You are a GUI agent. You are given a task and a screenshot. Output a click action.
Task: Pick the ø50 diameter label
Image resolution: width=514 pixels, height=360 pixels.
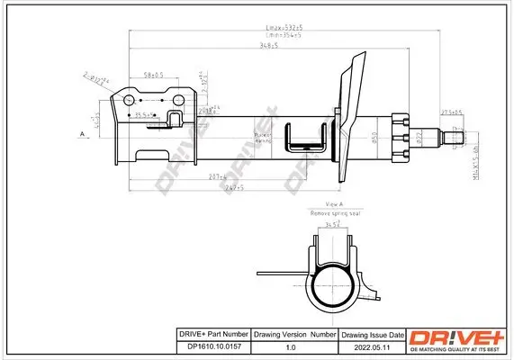click(373, 137)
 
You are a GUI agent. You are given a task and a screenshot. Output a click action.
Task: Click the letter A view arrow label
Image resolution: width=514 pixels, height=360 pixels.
click(83, 134)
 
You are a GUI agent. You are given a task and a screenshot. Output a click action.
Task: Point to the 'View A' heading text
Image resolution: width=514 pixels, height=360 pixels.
click(336, 205)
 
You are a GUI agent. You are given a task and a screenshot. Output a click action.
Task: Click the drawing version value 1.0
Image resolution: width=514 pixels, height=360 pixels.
click(291, 344)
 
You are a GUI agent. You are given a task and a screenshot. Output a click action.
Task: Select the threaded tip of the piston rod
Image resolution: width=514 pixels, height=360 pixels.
click(456, 138)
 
